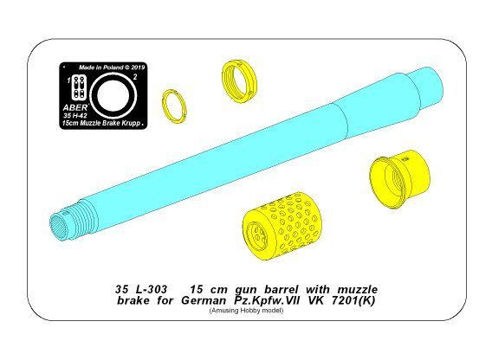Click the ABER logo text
point(75,107)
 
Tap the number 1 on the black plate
point(68,80)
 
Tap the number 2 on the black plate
point(135,77)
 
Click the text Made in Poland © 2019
point(112,67)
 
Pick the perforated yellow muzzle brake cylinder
point(282,227)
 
